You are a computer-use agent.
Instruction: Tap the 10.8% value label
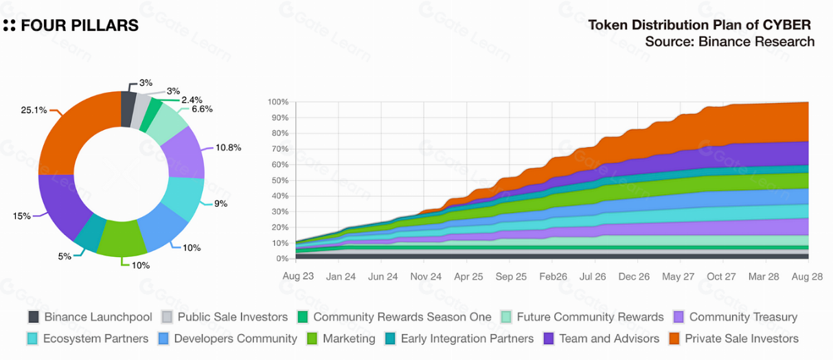click(228, 148)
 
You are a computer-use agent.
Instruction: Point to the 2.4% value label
click(192, 100)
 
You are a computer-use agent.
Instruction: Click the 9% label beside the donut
click(220, 203)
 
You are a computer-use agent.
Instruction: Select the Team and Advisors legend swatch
click(549, 339)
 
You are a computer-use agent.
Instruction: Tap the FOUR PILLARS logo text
click(80, 26)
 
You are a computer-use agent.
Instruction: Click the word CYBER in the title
click(787, 25)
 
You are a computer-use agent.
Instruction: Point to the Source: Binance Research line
click(729, 42)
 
